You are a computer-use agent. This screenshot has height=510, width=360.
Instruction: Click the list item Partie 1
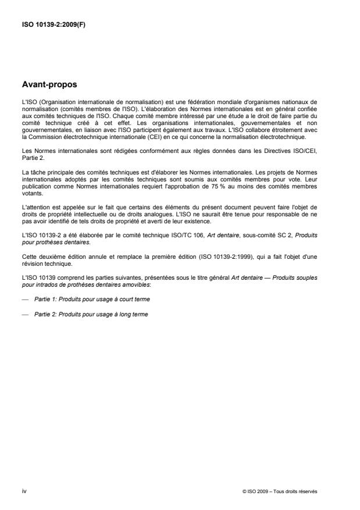coord(83,299)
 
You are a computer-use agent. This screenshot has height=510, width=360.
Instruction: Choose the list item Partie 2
coord(83,314)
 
